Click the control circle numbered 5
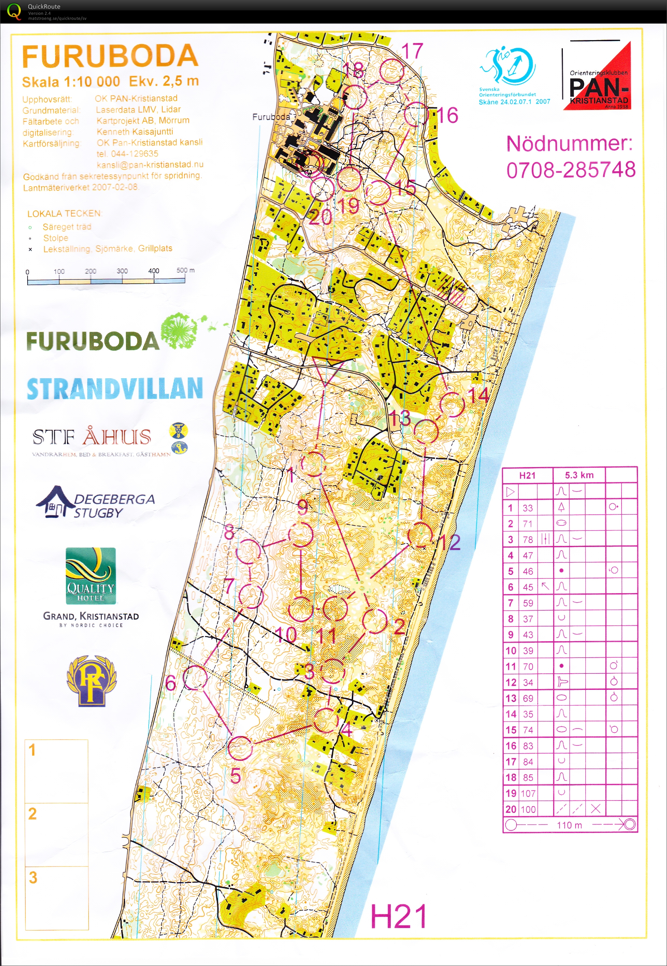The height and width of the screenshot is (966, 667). (240, 748)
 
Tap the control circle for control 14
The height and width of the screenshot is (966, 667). (452, 404)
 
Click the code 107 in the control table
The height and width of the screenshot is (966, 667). (528, 793)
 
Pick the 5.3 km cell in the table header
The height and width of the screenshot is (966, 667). (579, 475)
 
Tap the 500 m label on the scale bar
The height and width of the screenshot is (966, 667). (185, 270)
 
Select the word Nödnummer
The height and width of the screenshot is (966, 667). (569, 143)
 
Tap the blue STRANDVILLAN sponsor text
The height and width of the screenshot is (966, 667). (115, 389)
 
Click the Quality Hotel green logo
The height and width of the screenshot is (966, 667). (91, 576)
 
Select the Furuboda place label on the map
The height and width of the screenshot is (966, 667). (270, 117)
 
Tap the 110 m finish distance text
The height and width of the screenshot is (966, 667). (569, 825)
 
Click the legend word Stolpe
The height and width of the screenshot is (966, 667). (56, 238)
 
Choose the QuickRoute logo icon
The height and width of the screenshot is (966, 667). (13, 11)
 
